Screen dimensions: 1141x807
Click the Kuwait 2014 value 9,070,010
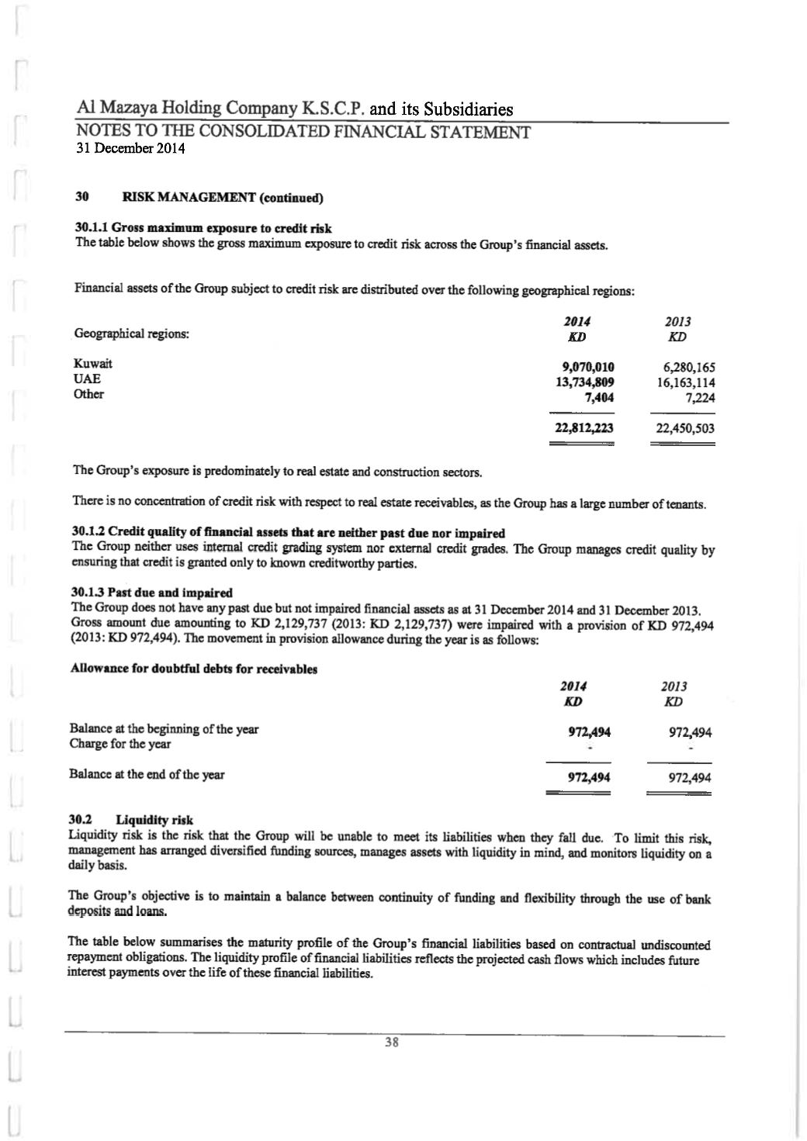(587, 368)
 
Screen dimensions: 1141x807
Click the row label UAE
(87, 379)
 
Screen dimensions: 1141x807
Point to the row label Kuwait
(92, 364)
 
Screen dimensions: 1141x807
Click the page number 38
(393, 1043)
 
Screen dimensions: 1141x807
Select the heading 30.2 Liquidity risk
(131, 820)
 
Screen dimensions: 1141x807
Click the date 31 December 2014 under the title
(130, 149)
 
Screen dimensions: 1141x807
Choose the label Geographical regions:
(131, 334)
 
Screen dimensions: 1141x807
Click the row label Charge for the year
(120, 745)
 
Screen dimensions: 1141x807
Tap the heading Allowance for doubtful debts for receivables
(193, 669)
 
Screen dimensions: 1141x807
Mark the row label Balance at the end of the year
(147, 774)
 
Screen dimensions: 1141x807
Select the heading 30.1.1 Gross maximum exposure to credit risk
(203, 229)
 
